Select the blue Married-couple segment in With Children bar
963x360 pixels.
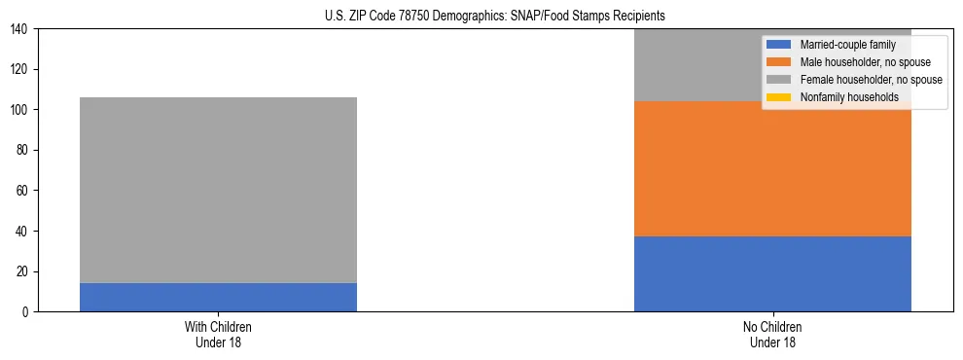coord(218,297)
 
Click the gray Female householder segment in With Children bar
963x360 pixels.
coord(218,190)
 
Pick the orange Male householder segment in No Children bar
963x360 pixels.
coord(772,168)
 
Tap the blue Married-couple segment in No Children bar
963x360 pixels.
coord(772,273)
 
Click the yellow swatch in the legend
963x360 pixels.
coord(778,97)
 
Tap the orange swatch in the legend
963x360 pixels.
coord(778,62)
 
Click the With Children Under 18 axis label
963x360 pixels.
coord(218,334)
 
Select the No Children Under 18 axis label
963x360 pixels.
coord(772,334)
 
